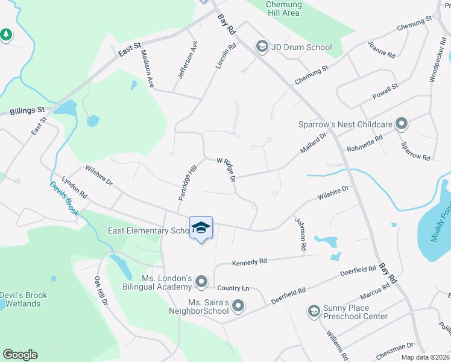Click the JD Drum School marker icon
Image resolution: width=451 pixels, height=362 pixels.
pos(262,46)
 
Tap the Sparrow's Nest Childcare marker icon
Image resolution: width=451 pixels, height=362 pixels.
pos(402,124)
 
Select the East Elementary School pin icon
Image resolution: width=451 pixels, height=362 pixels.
pos(201,228)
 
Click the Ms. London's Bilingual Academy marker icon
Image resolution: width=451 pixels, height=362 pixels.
pos(201,282)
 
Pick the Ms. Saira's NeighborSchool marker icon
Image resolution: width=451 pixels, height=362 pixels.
pos(238,306)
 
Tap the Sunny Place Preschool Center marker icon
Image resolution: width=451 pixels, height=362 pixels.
pos(313,311)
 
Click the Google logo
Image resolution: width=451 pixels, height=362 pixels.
pos(20,355)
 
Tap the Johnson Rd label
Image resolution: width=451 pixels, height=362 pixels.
pos(300,234)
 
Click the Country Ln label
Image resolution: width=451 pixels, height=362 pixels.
pos(233,288)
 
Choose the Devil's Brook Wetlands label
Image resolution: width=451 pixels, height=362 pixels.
pos(20,299)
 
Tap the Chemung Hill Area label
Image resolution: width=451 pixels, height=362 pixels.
pos(283,8)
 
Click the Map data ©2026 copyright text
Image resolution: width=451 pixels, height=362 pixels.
pos(424,357)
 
